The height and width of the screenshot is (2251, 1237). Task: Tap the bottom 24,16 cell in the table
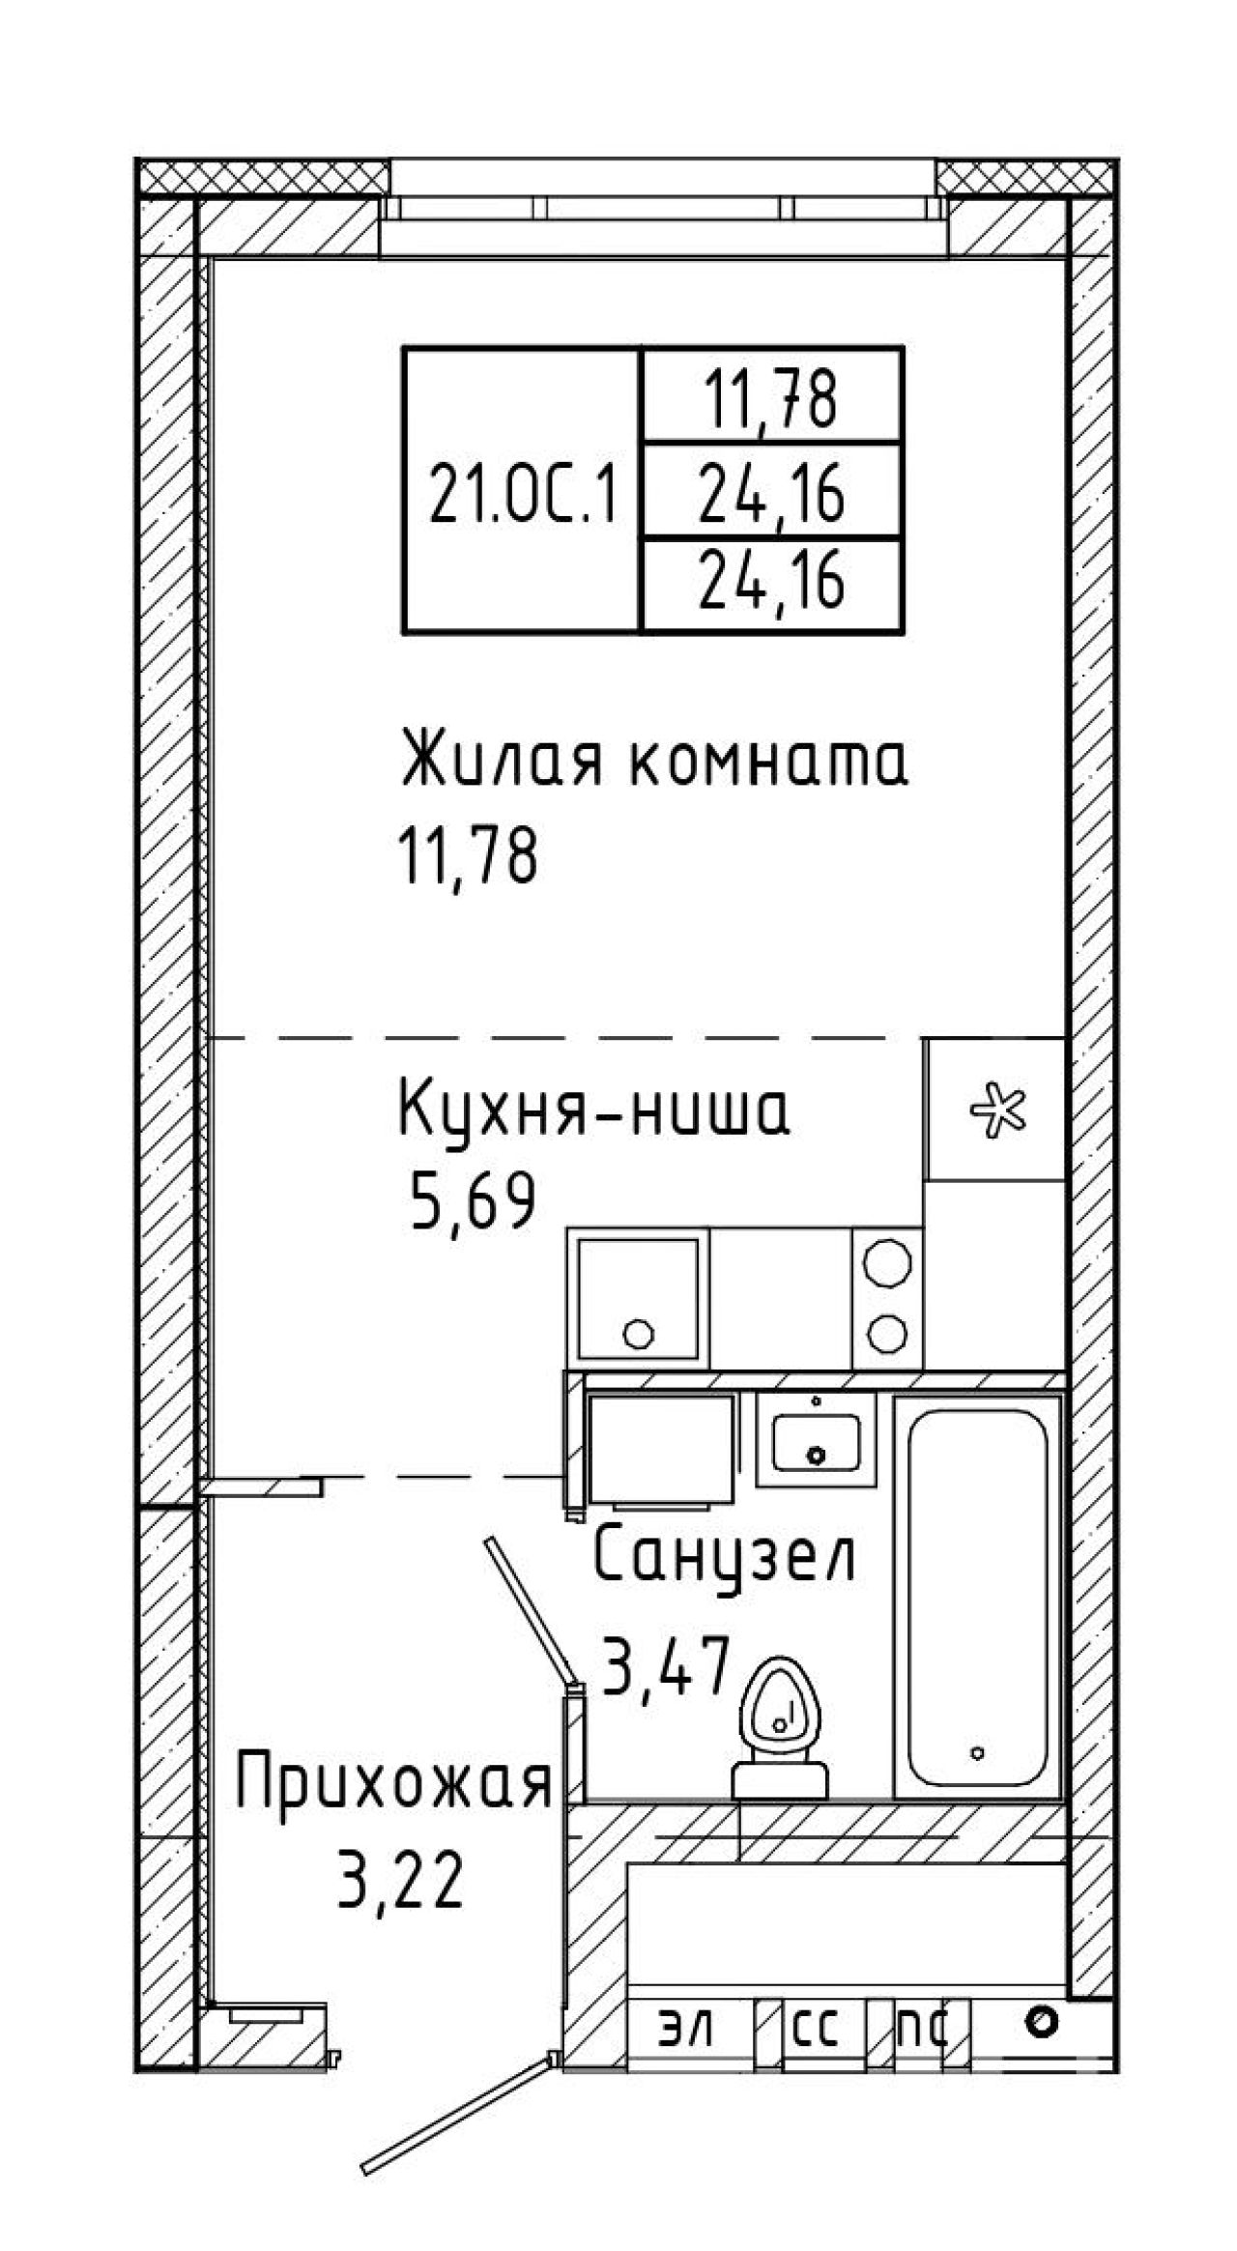[772, 585]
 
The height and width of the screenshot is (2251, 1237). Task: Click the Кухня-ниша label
[594, 1111]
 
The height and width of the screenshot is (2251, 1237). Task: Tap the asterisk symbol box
[995, 1109]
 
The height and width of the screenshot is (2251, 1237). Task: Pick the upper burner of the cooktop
[887, 1262]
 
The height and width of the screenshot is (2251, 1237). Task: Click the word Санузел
[725, 1556]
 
